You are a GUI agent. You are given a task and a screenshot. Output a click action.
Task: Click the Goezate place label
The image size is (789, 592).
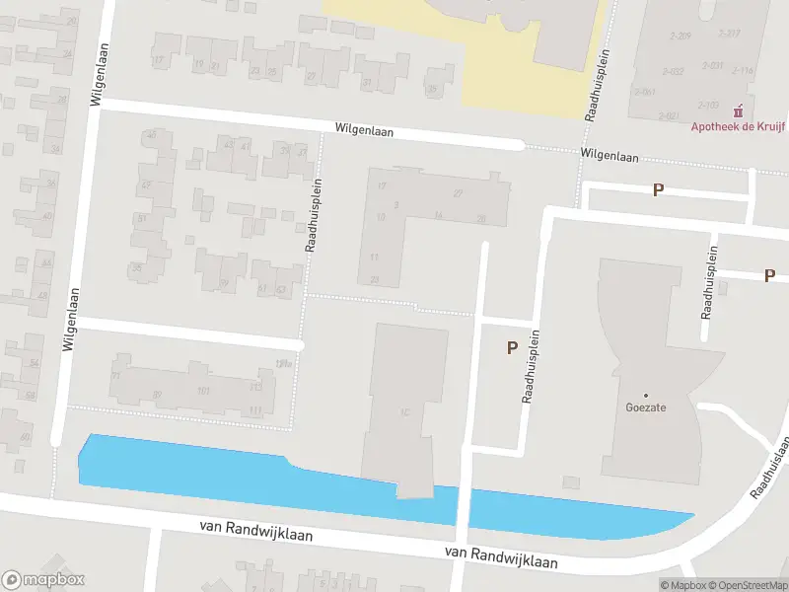point(641,405)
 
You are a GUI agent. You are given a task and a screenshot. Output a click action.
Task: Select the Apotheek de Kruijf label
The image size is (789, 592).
point(731,125)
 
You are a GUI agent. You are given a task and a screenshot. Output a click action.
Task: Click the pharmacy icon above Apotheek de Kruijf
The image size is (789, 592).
point(740,111)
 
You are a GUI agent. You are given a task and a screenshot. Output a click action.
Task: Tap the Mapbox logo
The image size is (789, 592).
point(43,580)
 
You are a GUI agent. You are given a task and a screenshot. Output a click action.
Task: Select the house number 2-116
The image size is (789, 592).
point(742,70)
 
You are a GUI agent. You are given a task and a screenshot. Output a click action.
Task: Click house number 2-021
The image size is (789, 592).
point(681,115)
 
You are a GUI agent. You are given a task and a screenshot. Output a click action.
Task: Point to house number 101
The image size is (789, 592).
point(204,391)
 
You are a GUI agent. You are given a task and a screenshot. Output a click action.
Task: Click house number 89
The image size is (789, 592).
point(157,396)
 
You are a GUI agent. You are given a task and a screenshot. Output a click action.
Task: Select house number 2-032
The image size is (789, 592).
point(674,71)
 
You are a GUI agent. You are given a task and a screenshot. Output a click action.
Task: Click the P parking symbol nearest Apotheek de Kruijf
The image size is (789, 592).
point(658,189)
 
